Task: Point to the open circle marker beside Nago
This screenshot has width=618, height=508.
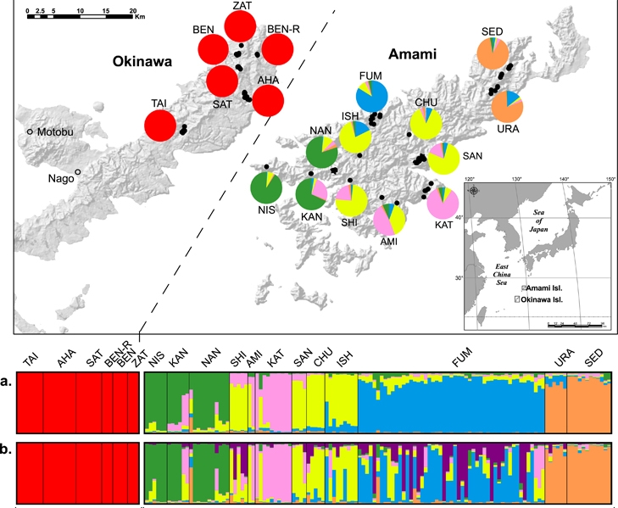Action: click(78, 172)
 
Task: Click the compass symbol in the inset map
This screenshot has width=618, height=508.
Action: click(473, 191)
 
